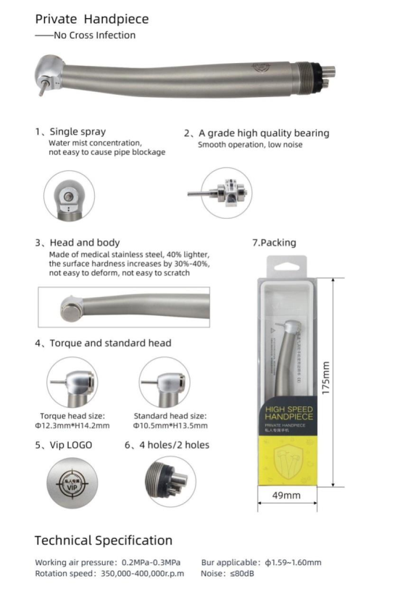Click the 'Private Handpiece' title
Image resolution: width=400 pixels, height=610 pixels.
coord(92,19)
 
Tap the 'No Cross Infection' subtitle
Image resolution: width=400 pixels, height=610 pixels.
coord(86,35)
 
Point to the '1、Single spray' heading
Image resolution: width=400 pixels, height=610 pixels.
coord(70,132)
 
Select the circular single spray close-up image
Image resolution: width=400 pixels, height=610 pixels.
coord(69,195)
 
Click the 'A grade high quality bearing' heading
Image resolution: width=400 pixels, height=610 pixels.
coord(257,133)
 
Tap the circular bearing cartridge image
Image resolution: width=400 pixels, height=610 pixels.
coord(226,193)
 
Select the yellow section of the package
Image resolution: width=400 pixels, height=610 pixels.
coord(288,459)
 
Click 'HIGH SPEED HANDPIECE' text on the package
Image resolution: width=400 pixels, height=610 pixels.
coord(288,415)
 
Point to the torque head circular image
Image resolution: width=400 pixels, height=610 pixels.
coord(72,382)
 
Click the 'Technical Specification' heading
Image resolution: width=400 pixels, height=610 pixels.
coord(104,540)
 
